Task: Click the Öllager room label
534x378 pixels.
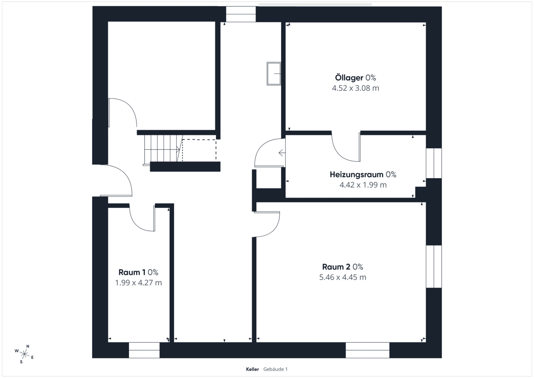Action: coord(349,78)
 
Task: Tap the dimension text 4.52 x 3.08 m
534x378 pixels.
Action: coord(355,88)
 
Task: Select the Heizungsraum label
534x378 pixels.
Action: coord(356,175)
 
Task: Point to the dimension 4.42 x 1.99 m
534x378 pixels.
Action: coord(363,185)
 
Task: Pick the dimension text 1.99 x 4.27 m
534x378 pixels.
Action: coord(138,283)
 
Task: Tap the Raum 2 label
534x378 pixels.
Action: coord(336,267)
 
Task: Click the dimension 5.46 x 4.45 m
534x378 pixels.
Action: coord(343,277)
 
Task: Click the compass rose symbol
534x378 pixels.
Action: coord(24,354)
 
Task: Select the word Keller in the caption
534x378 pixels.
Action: coord(252,369)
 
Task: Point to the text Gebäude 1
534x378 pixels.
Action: coord(275,369)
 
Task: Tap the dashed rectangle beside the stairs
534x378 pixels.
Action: coord(199,150)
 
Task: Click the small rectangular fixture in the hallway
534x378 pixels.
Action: coord(274,74)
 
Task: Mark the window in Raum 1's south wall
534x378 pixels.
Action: coord(144,350)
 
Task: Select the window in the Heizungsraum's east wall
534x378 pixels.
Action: coord(434,163)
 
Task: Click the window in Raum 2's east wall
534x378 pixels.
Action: coord(434,267)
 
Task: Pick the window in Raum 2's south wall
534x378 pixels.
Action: coord(368,350)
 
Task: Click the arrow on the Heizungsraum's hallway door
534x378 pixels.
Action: coord(282,153)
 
